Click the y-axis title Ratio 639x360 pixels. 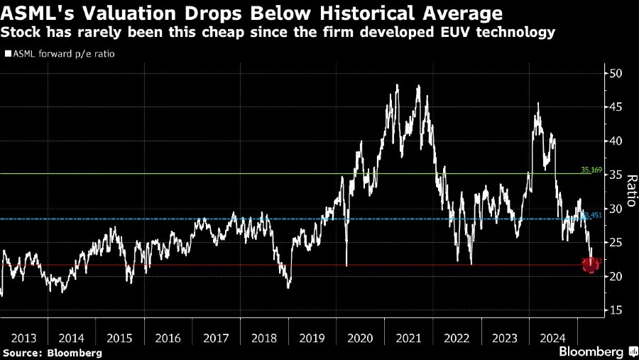coord(629,192)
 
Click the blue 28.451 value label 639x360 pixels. coord(591,215)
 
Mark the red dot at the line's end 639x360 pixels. coord(590,266)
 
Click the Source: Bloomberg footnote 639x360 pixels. coord(52,353)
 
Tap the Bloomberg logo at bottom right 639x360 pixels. coord(591,351)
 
